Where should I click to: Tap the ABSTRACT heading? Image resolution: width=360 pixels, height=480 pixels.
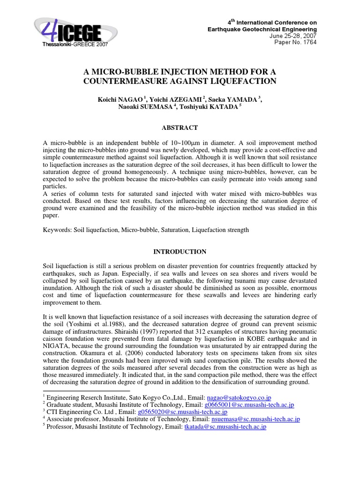click(x=180, y=127)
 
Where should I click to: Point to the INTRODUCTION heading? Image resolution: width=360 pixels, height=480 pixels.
click(x=180, y=252)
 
